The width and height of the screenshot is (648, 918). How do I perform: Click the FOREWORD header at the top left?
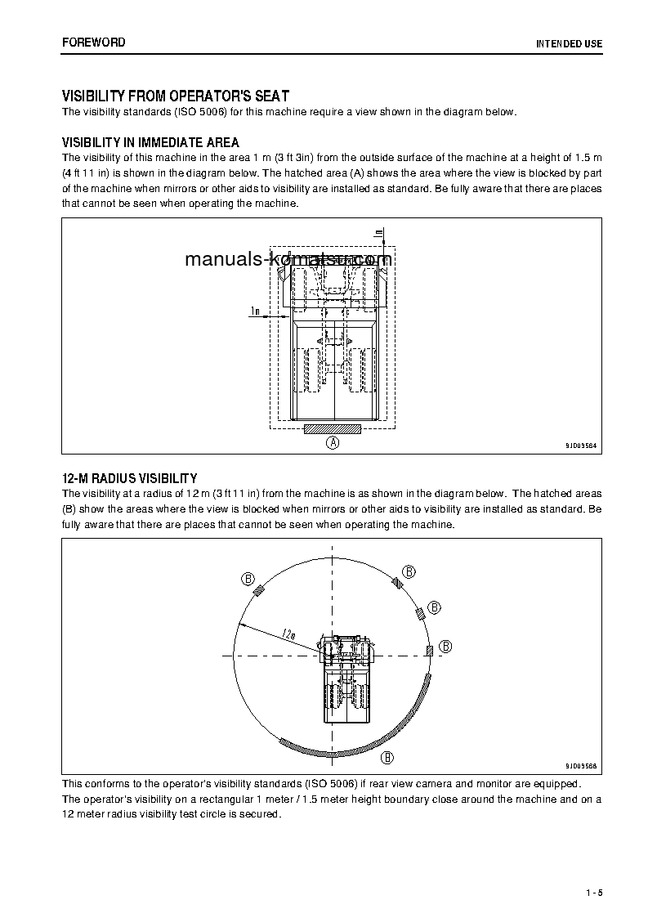pyautogui.click(x=93, y=42)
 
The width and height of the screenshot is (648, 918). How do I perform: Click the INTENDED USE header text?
pyautogui.click(x=569, y=43)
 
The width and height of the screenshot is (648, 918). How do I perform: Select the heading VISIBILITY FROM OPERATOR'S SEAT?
pyautogui.click(x=176, y=96)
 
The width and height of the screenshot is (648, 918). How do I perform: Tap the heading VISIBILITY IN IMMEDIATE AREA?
pyautogui.click(x=150, y=142)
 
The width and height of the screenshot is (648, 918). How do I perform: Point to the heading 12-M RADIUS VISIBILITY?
pyautogui.click(x=129, y=477)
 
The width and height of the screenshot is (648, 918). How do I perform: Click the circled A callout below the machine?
pyautogui.click(x=333, y=443)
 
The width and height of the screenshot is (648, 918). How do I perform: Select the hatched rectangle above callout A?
pyautogui.click(x=332, y=428)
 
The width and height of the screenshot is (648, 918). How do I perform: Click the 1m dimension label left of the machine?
pyautogui.click(x=255, y=311)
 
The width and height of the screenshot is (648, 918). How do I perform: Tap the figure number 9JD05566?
pyautogui.click(x=580, y=766)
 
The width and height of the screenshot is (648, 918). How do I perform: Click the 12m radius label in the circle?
pyautogui.click(x=288, y=633)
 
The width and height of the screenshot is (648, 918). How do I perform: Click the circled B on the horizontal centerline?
pyautogui.click(x=445, y=646)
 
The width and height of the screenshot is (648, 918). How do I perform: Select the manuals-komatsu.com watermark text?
pyautogui.click(x=288, y=260)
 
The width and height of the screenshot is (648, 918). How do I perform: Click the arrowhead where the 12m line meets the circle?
pyautogui.click(x=239, y=624)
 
